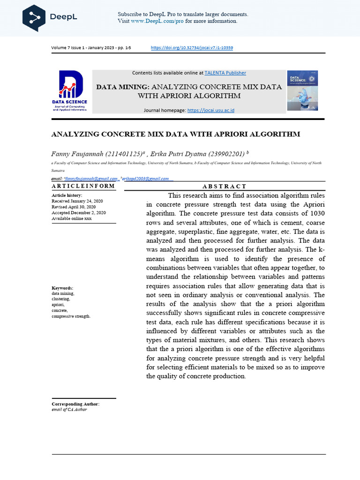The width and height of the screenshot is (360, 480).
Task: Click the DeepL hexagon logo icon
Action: [x=34, y=17]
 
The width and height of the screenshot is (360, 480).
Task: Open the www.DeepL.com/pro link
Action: [x=157, y=21]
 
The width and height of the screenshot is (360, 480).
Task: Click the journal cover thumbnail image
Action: [x=302, y=90]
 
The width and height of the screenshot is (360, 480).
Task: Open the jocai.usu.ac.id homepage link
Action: [x=210, y=110]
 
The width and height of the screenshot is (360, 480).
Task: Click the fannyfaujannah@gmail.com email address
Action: [x=91, y=179]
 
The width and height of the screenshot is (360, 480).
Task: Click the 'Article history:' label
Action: [x=67, y=195]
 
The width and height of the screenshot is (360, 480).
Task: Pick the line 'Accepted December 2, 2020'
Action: [x=78, y=213]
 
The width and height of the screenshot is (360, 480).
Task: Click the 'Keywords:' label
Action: [x=62, y=288]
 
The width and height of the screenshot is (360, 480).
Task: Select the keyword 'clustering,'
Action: [x=60, y=299]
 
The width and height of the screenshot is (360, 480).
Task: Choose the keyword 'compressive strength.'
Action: [x=71, y=316]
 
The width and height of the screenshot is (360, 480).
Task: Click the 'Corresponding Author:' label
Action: [x=75, y=404]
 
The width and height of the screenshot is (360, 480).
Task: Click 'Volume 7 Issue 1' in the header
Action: [x=68, y=48]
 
